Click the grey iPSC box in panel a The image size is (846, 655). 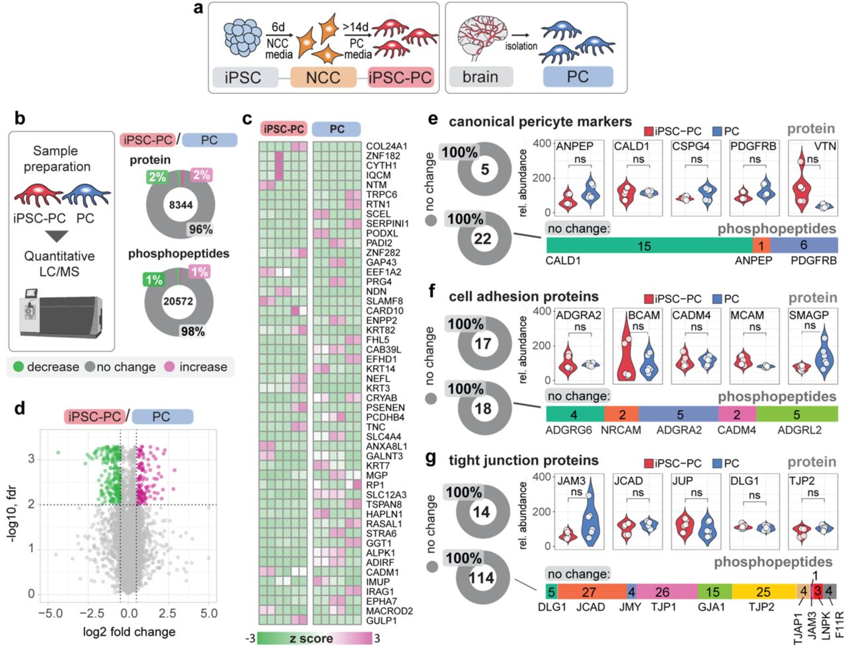pyautogui.click(x=243, y=77)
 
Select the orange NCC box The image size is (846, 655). pyautogui.click(x=323, y=77)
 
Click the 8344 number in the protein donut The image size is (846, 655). pyautogui.click(x=180, y=205)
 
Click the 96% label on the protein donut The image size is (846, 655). pyautogui.click(x=200, y=229)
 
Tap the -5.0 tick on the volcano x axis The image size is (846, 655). pyautogui.click(x=50, y=613)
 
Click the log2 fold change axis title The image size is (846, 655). pyautogui.click(x=129, y=631)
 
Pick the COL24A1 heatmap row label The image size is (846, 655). pyautogui.click(x=387, y=146)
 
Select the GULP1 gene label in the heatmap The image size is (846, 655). pyautogui.click(x=381, y=621)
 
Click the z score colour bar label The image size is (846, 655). pyautogui.click(x=311, y=638)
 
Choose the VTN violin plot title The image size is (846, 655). pyautogui.click(x=825, y=146)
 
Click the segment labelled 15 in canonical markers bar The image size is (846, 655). pyautogui.click(x=644, y=246)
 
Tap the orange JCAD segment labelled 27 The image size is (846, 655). pyautogui.click(x=588, y=592)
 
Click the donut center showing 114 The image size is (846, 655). pyautogui.click(x=481, y=578)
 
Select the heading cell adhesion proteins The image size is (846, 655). pyautogui.click(x=523, y=297)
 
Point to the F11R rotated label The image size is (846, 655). pyautogui.click(x=839, y=625)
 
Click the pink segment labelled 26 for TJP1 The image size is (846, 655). pyautogui.click(x=662, y=592)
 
